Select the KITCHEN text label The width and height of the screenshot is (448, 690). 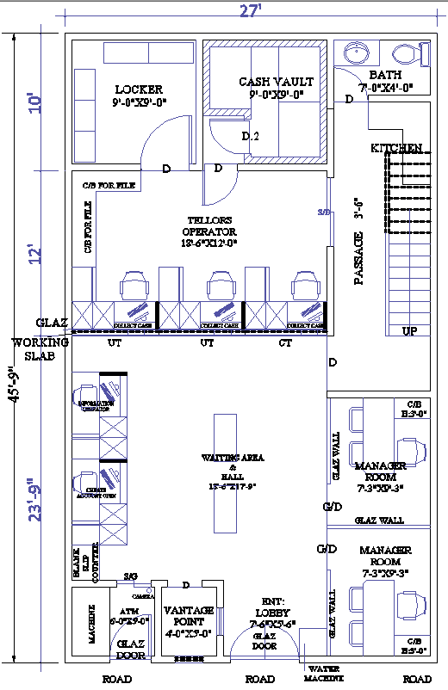396,149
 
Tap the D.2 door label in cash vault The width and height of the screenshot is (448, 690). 250,136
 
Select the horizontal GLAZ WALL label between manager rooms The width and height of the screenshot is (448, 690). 377,520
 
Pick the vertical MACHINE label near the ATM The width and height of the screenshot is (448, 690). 92,620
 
